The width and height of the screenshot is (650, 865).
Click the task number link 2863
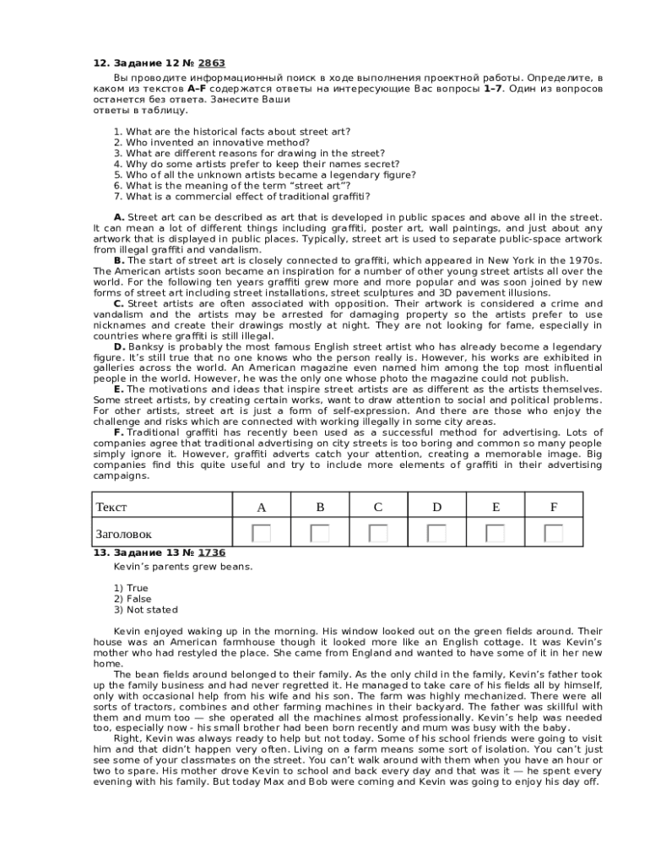click(x=211, y=63)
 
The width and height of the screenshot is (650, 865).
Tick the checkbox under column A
click(x=262, y=533)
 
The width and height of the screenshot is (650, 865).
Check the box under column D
click(x=437, y=533)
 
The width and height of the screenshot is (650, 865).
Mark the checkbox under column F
click(x=554, y=533)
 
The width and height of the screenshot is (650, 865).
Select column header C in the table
click(x=378, y=507)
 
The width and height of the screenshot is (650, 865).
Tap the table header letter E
click(x=496, y=507)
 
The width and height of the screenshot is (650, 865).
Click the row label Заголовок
click(x=123, y=534)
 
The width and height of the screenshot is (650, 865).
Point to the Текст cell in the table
click(x=112, y=507)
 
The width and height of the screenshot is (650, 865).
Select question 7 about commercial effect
click(x=241, y=197)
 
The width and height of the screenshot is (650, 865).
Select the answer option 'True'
click(x=137, y=588)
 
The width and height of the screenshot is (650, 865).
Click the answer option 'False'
click(x=138, y=599)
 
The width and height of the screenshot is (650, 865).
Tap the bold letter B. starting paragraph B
click(x=119, y=260)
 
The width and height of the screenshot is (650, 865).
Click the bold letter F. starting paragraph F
click(x=119, y=432)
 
